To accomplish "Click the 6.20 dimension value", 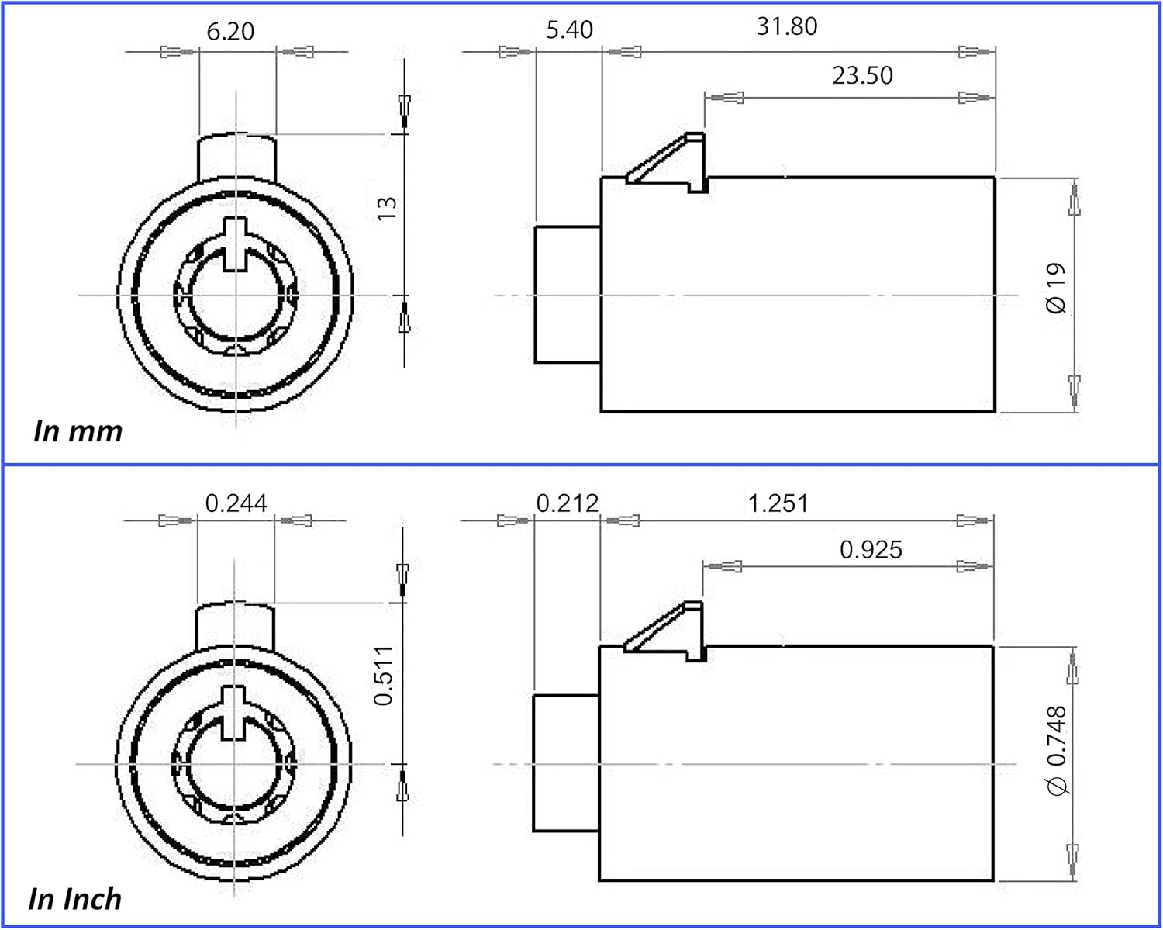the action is (230, 31).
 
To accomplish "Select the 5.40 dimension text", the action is (569, 29).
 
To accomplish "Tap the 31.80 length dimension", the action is (787, 26).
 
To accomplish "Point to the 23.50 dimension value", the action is (862, 76).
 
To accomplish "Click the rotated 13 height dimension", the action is (387, 208).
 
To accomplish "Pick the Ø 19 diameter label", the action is (1056, 289).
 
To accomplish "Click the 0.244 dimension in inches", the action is (236, 503).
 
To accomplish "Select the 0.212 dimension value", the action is (568, 503).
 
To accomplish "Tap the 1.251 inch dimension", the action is (778, 503).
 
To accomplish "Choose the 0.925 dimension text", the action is (871, 550).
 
